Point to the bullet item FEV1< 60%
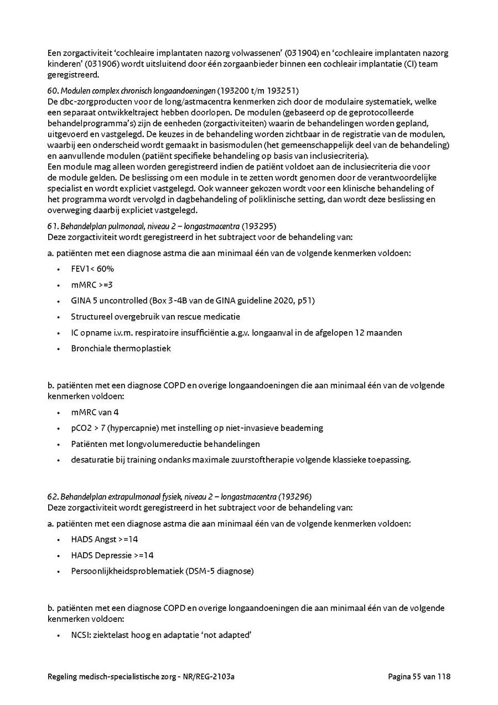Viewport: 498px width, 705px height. click(x=92, y=269)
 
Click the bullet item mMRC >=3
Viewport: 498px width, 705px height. click(x=92, y=285)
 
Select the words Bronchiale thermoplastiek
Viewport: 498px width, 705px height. click(x=121, y=349)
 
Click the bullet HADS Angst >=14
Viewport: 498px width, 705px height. click(x=105, y=539)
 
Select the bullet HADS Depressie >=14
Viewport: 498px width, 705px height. click(x=112, y=555)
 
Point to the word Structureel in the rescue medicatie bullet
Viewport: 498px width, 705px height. click(x=91, y=317)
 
